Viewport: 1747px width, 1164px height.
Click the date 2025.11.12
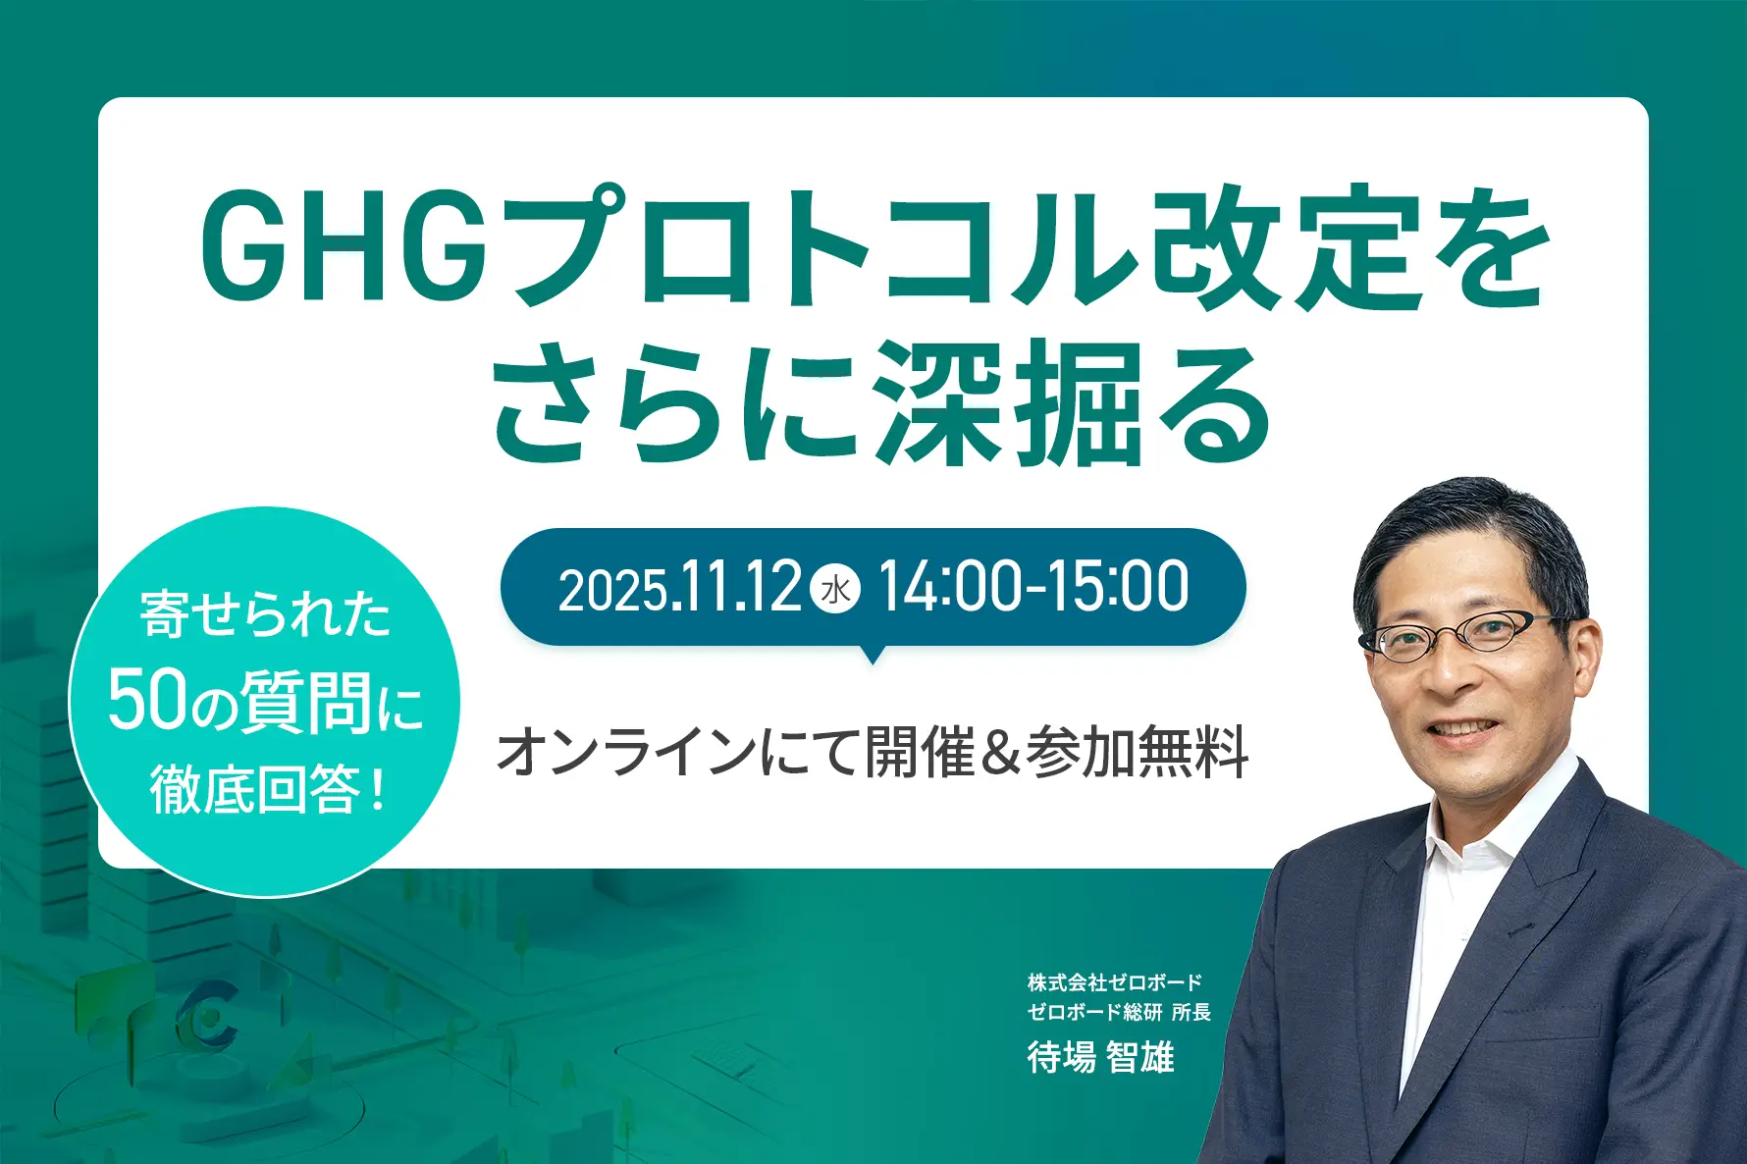point(679,588)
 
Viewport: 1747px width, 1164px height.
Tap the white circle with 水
point(836,589)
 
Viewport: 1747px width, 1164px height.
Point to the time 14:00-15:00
point(1033,587)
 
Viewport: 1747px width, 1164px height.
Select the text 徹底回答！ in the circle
point(267,789)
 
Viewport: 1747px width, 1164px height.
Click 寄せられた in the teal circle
point(266,615)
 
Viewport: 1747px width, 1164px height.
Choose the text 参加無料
point(1137,752)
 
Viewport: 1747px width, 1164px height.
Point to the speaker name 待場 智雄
point(1100,1057)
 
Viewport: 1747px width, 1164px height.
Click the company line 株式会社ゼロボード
point(1115,981)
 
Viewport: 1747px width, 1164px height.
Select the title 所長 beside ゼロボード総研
point(1191,1012)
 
